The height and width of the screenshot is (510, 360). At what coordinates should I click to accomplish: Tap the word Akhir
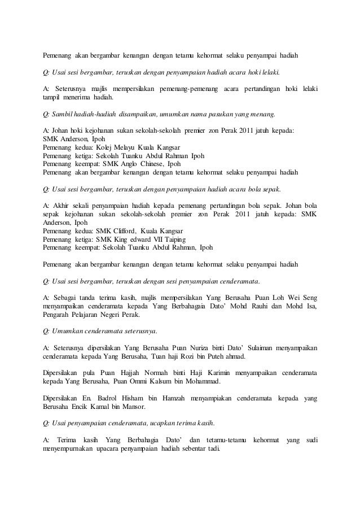click(x=62, y=205)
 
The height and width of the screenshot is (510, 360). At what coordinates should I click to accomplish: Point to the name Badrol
click(x=109, y=398)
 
